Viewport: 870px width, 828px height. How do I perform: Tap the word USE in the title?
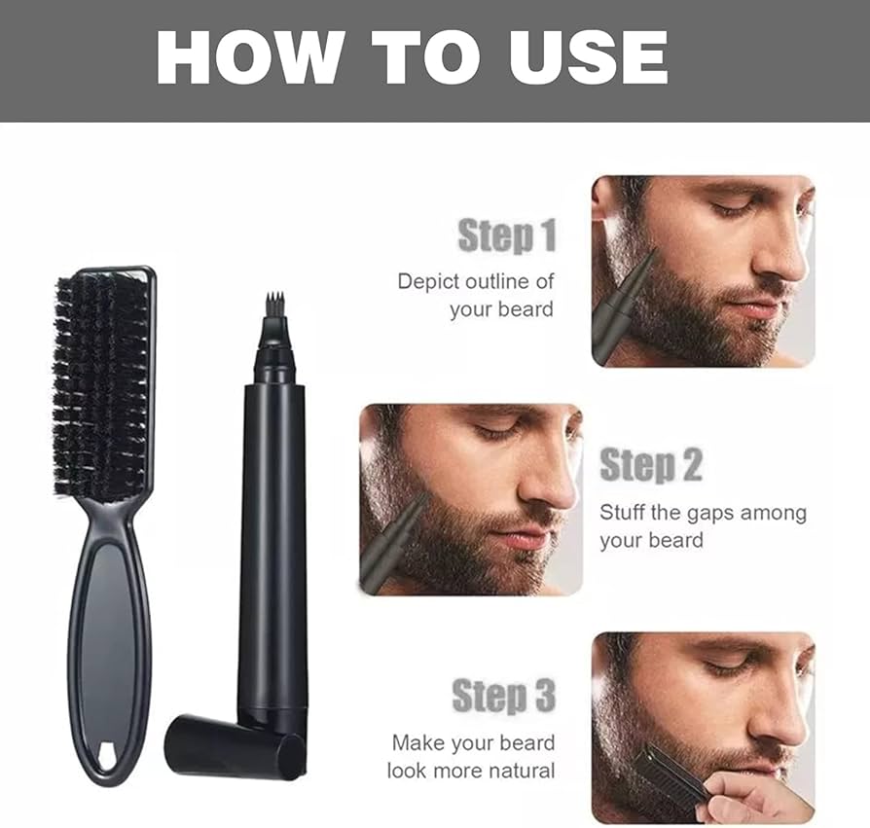pos(590,57)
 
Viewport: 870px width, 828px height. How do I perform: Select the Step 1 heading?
pos(507,235)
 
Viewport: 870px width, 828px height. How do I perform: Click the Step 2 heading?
pos(651,465)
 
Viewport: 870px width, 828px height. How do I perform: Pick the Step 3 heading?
pos(504,695)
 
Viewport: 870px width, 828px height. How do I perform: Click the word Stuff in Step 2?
pos(622,512)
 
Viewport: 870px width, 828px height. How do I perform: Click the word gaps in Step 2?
pos(710,514)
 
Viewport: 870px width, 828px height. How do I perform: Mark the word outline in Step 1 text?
pos(497,282)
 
